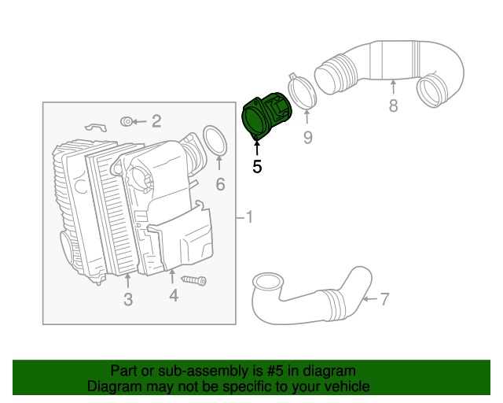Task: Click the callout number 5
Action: pos(257,166)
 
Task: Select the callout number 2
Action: pos(156,120)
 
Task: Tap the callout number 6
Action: pos(220,185)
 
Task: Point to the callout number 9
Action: pos(308,138)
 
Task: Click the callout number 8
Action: pos(393,105)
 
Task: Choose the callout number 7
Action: pos(384,298)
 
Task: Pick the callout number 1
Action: pos(249,216)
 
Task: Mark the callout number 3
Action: pos(128,299)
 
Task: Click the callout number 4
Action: pos(173,295)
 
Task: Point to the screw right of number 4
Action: pos(193,279)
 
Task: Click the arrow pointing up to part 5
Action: pos(257,150)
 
